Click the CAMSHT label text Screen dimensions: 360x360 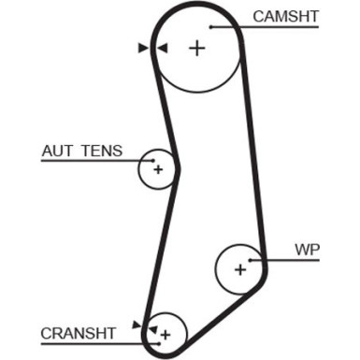click(x=285, y=16)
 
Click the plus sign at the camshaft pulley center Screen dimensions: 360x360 click(x=196, y=49)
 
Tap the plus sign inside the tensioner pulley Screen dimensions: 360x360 click(x=158, y=169)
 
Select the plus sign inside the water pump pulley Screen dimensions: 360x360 click(x=240, y=269)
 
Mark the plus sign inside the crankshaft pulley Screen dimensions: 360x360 click(x=166, y=333)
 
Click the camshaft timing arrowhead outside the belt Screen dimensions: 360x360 click(x=143, y=48)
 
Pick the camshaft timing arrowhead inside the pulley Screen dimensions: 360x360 click(x=161, y=48)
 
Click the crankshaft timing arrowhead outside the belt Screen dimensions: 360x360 click(x=137, y=324)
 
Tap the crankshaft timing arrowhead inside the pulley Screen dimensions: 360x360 click(x=152, y=327)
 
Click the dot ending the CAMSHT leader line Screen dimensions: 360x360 click(x=211, y=27)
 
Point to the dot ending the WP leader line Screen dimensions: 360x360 click(x=253, y=261)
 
